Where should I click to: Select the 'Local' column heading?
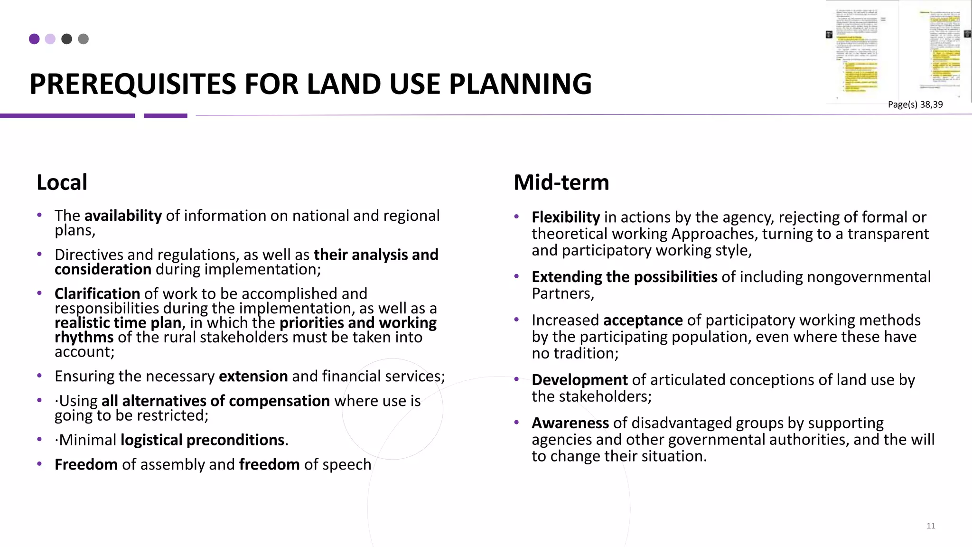pos(62,182)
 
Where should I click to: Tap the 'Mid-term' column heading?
pos(561,182)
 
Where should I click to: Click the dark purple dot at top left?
pos(34,39)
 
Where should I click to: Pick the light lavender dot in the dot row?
pos(50,39)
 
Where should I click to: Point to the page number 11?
pos(931,526)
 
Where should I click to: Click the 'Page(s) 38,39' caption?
pos(915,104)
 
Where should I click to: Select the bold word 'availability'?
pos(123,216)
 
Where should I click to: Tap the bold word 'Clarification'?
pos(97,293)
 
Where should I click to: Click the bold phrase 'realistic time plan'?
pos(118,323)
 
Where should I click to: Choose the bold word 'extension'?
pos(253,376)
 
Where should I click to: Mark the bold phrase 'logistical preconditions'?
pos(202,440)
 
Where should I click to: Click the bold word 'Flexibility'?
pos(566,217)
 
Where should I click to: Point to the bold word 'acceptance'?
pos(643,320)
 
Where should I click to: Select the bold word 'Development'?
pos(579,380)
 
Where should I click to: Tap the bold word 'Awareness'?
pos(570,423)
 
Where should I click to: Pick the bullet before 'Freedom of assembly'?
pos(40,464)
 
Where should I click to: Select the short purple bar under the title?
pos(165,115)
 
